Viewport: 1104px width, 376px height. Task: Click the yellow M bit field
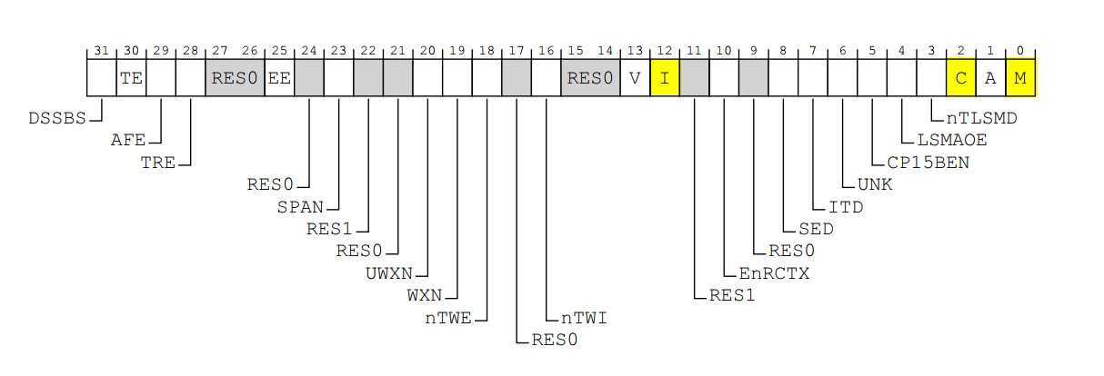coord(1020,78)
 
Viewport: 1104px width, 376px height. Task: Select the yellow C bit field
coord(961,78)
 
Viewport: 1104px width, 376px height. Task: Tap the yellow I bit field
coord(665,78)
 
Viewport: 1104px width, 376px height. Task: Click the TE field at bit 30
coord(131,78)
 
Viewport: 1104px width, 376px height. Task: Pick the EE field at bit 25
coord(279,78)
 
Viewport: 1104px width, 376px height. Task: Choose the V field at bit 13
coord(635,78)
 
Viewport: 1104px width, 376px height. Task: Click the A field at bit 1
coord(990,78)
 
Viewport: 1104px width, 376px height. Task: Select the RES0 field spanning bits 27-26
coord(235,78)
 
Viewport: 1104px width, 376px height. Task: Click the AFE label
coord(127,141)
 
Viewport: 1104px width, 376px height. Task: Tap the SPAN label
coord(300,206)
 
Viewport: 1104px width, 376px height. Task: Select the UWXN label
coord(389,272)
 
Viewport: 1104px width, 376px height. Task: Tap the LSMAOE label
coord(952,141)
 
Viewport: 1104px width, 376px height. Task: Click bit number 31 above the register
coord(101,51)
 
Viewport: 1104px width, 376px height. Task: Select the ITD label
coord(845,206)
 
